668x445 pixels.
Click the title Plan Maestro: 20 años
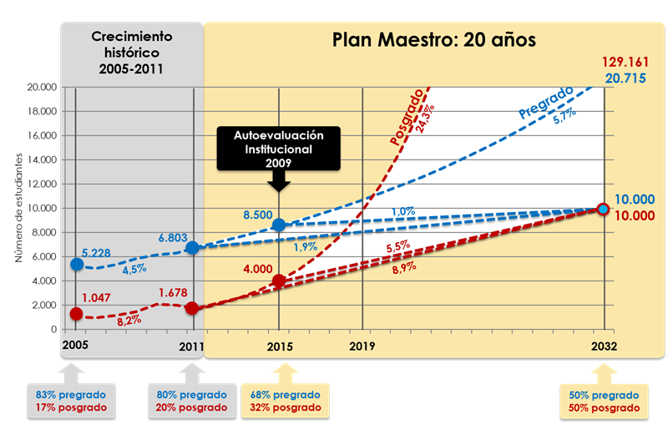(x=433, y=40)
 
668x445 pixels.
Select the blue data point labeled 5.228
(x=77, y=264)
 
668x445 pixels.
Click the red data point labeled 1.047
(x=77, y=314)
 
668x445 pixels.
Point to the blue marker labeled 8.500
(x=280, y=225)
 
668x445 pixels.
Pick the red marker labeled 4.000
(x=280, y=281)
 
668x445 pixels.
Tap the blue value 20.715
(x=630, y=78)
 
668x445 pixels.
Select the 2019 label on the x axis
(x=362, y=346)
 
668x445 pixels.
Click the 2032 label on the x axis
(x=603, y=346)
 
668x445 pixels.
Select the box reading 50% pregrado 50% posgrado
(x=604, y=401)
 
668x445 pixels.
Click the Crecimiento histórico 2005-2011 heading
(x=131, y=51)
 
